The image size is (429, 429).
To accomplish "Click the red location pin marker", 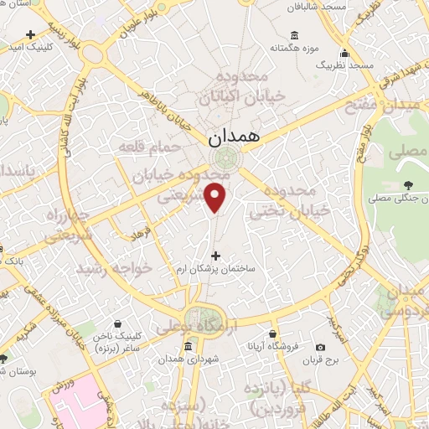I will point(217,198).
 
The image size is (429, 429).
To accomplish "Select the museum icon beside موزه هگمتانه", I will point(294,35).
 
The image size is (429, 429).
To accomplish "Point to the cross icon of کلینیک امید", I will point(31,35).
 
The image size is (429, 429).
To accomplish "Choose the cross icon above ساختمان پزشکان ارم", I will point(215,256).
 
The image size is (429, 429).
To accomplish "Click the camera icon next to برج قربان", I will point(320,347).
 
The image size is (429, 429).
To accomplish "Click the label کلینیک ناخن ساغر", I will point(117,341).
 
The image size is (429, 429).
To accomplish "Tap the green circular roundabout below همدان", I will point(225,158).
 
